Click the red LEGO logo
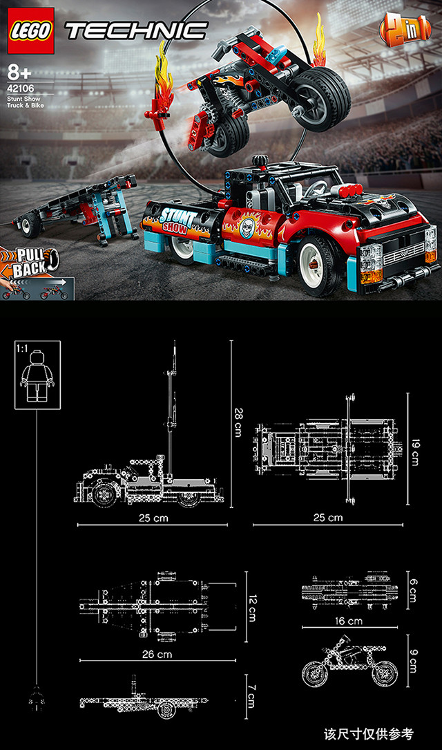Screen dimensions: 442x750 [31, 31]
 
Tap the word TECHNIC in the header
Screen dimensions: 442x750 [137, 30]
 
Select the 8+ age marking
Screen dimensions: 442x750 [19, 73]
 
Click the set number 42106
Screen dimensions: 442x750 [21, 88]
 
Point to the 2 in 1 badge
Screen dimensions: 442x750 [405, 30]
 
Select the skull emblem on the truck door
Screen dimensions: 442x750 [247, 225]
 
